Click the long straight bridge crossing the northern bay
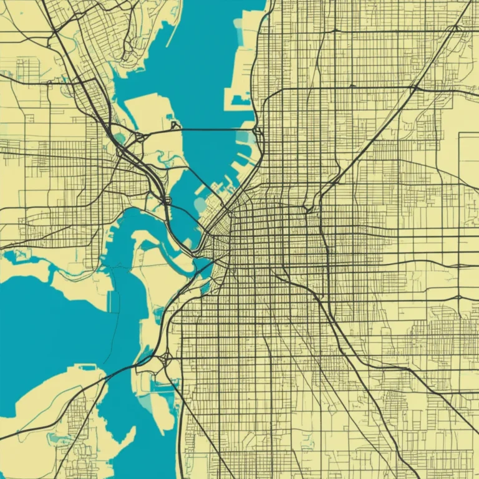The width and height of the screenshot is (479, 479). pos(215,129)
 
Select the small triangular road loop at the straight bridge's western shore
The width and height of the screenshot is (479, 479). pos(175,126)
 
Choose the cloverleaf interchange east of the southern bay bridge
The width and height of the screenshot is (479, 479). pos(167,359)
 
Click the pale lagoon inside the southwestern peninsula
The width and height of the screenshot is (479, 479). pos(62,440)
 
